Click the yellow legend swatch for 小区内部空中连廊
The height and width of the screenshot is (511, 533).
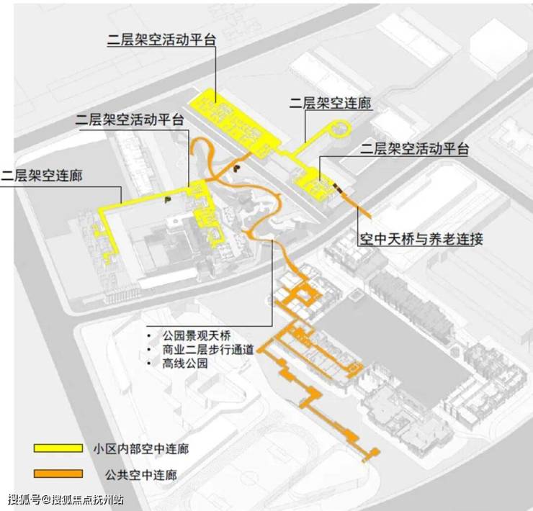point(58,448)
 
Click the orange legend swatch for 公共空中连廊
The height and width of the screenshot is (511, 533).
point(58,474)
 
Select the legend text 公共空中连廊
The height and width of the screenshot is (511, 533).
point(140,475)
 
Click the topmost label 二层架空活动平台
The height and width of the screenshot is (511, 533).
point(161,41)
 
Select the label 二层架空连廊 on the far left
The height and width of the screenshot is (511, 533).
point(41,175)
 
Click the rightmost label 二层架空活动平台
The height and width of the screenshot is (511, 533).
point(414,150)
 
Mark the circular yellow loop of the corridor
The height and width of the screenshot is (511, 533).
point(339,130)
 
